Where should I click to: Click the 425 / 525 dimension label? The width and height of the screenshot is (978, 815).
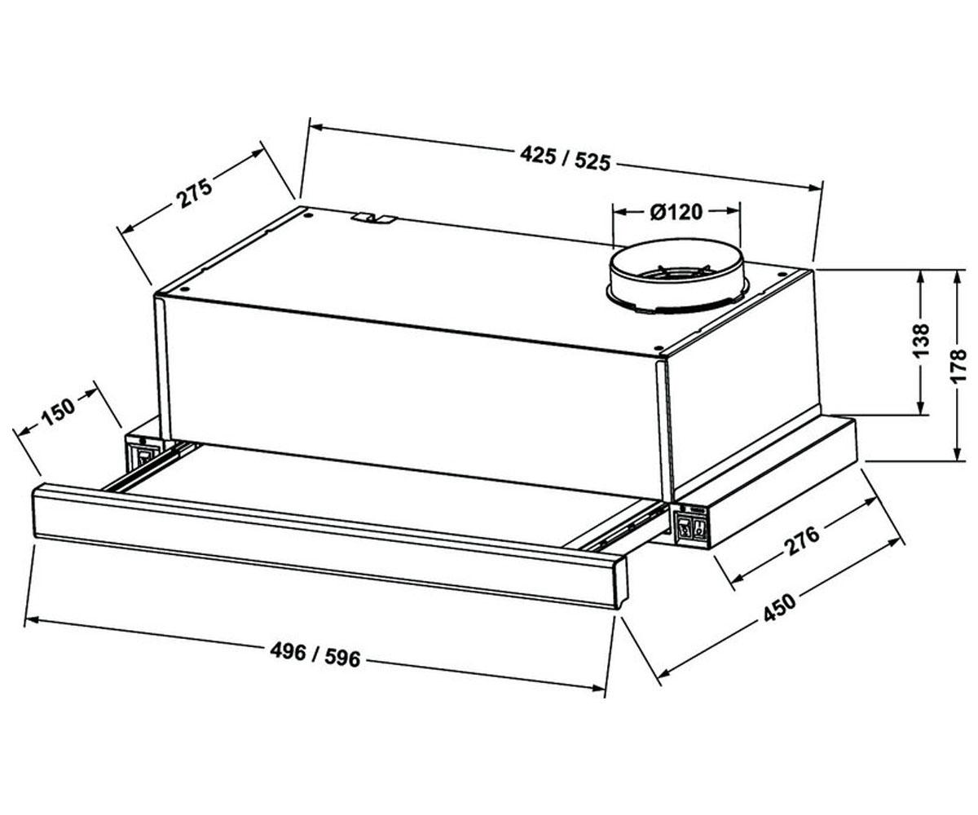point(566,158)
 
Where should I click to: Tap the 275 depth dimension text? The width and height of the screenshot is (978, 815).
point(194,192)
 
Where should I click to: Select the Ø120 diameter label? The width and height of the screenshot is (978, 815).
point(676,212)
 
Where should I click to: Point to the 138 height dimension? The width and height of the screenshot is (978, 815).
point(921,341)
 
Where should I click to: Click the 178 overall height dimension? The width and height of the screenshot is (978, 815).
point(958,366)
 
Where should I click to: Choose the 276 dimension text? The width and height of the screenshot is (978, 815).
point(803,541)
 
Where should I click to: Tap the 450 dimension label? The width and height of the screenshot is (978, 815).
point(779,607)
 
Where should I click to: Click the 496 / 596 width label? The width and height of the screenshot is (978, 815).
point(315,654)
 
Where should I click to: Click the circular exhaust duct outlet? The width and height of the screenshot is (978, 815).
point(676,275)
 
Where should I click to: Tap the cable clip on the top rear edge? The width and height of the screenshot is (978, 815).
point(375,218)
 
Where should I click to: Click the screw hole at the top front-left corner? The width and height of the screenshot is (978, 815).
point(185,290)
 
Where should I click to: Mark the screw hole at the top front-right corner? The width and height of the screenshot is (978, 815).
point(658,348)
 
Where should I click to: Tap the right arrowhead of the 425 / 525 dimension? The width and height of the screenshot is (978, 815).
point(814,187)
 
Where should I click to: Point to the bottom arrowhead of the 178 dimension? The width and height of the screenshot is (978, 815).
point(958,453)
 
